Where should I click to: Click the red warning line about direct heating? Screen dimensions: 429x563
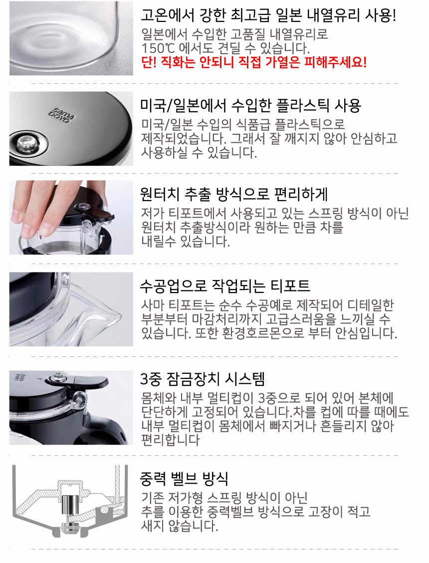(x=254, y=62)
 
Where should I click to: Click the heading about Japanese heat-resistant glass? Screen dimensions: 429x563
(x=268, y=15)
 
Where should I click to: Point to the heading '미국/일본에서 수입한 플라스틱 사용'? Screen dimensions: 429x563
(x=250, y=106)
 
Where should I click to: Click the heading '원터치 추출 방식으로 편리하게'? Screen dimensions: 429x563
(x=234, y=194)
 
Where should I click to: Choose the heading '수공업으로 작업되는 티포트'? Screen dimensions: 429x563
(x=225, y=286)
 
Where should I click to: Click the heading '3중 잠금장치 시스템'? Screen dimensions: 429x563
(x=203, y=379)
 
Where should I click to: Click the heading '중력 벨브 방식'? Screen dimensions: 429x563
(x=184, y=478)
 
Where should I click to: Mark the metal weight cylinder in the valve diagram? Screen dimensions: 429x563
(x=68, y=506)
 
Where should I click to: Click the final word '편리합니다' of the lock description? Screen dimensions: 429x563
(x=171, y=440)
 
